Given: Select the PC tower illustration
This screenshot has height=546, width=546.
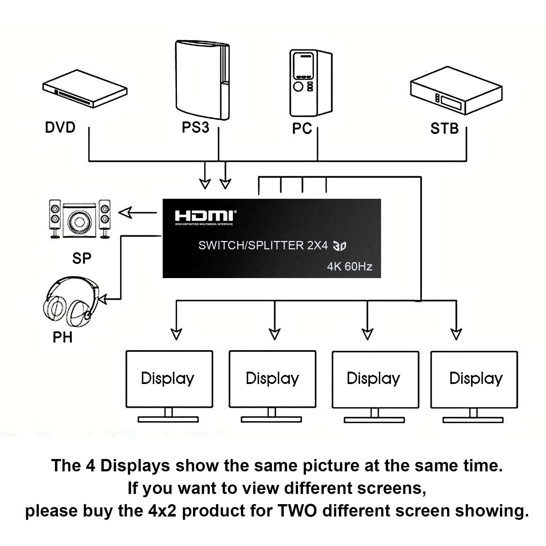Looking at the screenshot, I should pos(310,83).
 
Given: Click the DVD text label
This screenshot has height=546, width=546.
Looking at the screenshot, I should pos(60,127).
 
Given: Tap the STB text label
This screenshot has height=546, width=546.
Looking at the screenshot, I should pos(444,128).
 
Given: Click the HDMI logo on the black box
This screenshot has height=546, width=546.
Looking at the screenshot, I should pos(205,217).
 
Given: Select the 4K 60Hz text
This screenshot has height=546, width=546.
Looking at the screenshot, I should pos(349,266).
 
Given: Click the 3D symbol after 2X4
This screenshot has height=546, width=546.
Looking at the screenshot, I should pos(340,246).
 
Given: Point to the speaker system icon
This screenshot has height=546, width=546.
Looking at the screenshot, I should pos(80,219).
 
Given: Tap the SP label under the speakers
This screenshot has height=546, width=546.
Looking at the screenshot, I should pos(82,258).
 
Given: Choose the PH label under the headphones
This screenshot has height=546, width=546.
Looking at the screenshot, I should pos(63,337).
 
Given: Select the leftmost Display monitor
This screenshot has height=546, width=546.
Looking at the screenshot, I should pos(169,386).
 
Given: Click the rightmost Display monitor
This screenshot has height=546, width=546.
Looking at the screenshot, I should pos(474,386).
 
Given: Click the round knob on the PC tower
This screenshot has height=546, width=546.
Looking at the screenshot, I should pos(298,87).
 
